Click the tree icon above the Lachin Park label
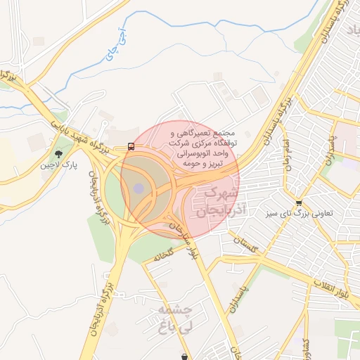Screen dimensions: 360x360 (58, 154)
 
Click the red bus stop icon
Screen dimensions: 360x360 (131, 147)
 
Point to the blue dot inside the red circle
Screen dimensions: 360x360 (139, 188)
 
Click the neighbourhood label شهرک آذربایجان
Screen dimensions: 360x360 (212, 200)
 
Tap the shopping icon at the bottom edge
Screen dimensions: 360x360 (185, 356)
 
